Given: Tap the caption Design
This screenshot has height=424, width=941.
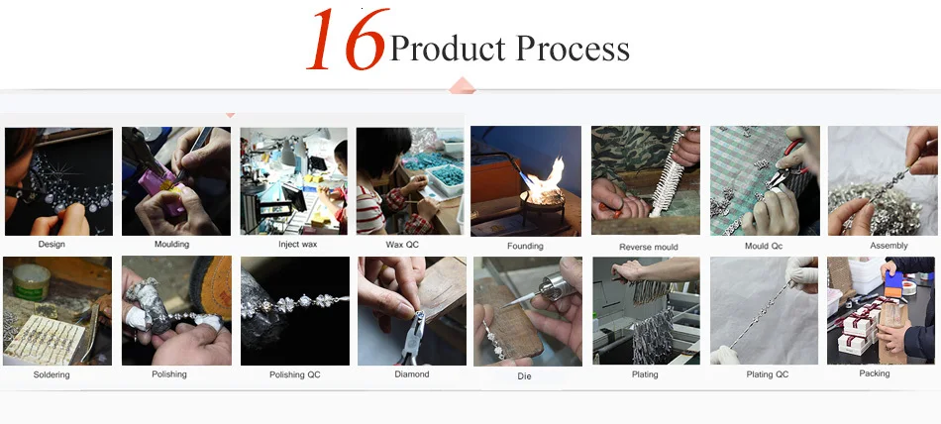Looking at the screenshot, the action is (52, 245).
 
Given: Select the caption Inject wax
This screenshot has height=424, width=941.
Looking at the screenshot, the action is (298, 245).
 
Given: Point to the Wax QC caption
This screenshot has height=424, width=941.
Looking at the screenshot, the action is (402, 245).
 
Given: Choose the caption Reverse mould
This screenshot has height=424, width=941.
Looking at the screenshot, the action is (649, 247).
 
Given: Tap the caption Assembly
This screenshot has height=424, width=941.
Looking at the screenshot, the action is (889, 246).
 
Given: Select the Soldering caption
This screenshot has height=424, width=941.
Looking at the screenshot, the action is (52, 374).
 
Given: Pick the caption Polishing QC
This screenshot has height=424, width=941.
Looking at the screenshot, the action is (294, 374).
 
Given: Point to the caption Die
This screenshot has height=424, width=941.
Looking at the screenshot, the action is (524, 376).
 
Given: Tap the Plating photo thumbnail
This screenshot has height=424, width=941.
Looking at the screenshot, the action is (647, 310).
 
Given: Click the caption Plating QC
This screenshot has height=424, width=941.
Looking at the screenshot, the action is (768, 374).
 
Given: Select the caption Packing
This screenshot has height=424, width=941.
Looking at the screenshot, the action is (875, 373).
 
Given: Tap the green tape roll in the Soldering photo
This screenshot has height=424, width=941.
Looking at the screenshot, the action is (32, 282).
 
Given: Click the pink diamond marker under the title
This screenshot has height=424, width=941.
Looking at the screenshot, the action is (463, 86).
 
